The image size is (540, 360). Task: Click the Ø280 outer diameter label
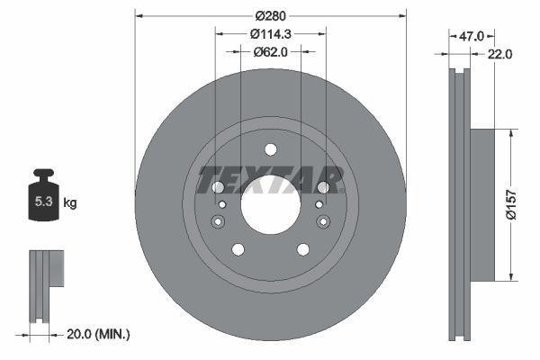point(270,15)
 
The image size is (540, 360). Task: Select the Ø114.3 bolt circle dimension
point(270,33)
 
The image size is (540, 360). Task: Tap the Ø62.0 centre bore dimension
point(270,51)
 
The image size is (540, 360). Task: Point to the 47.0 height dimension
point(472,36)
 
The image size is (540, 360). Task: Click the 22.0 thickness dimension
point(501,54)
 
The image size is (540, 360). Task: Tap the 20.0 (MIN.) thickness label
point(99,334)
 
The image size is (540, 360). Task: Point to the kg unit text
point(70,203)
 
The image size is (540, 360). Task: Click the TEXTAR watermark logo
point(270,179)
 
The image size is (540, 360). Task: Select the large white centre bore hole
point(270,200)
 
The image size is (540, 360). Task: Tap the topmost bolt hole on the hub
point(270,148)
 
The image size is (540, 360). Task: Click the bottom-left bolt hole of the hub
point(238,249)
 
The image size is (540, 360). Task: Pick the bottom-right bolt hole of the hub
point(301,249)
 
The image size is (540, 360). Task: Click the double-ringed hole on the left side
point(217,222)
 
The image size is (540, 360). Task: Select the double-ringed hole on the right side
point(323,222)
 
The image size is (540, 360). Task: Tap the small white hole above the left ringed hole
point(221,205)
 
